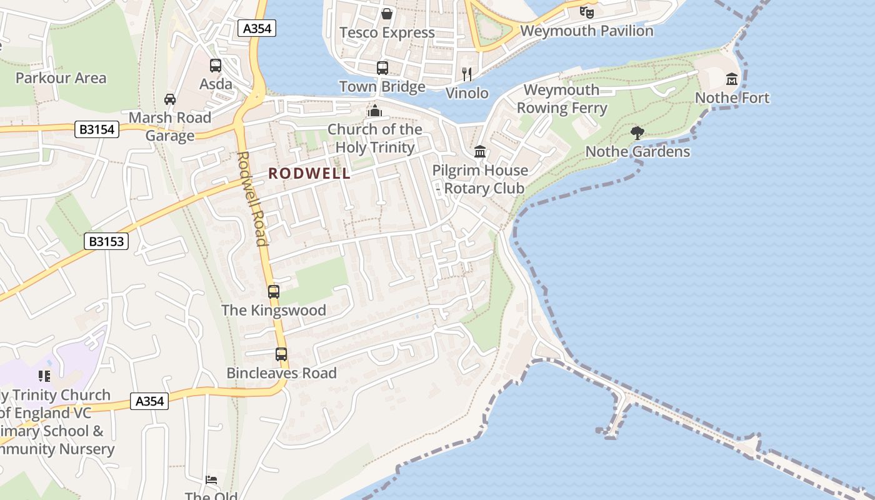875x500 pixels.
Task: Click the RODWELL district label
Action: pos(309,174)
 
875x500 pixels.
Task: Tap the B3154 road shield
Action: pos(96,129)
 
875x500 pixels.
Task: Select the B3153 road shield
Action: pos(106,241)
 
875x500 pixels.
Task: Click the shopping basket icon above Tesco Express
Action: pos(387,13)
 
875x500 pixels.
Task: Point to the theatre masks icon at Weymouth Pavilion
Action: pos(586,11)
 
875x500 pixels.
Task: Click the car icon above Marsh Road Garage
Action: pos(169,99)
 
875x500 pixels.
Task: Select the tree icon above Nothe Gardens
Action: pos(637,132)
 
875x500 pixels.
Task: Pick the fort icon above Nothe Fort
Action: pos(732,79)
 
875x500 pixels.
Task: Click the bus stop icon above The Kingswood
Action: pos(273,291)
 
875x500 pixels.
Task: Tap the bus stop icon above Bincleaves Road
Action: pos(281,354)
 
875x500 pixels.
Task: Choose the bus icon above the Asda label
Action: pos(216,65)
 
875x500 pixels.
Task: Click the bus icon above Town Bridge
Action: pos(382,67)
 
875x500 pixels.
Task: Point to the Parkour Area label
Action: pos(61,78)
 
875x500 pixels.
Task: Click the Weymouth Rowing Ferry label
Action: pos(561,99)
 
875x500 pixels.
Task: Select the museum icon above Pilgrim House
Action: pos(480,151)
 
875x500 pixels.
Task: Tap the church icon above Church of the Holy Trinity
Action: pos(374,111)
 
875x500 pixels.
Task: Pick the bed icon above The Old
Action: pos(211,480)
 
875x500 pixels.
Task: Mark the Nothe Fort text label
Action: pos(732,97)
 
